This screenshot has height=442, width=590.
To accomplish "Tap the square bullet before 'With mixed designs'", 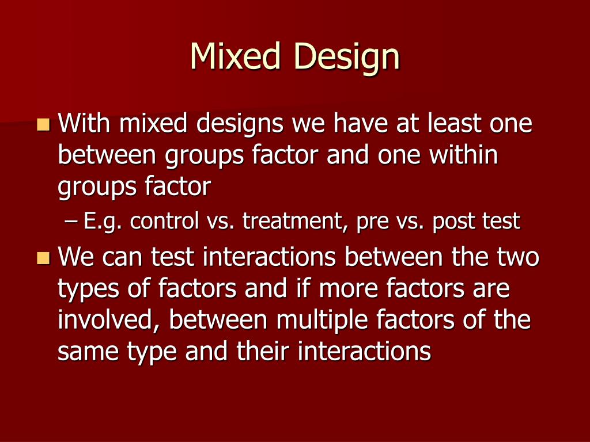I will tap(43, 124).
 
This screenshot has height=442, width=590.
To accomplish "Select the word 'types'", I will tap(89, 290).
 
